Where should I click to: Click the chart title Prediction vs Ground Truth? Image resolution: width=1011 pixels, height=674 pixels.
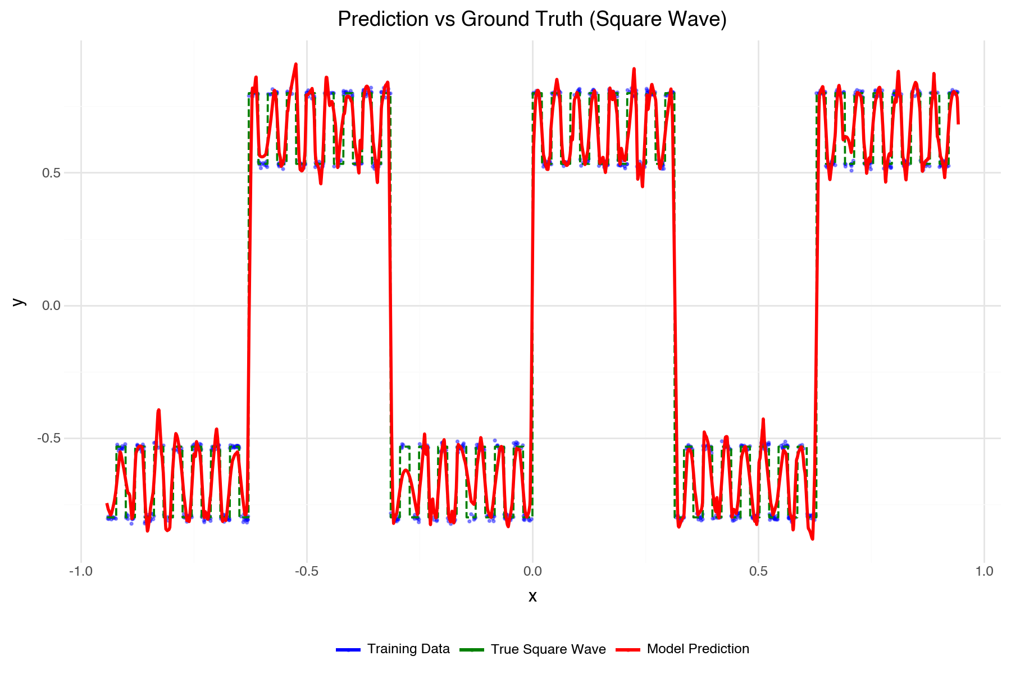point(532,19)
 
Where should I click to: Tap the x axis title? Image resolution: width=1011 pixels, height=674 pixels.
point(532,596)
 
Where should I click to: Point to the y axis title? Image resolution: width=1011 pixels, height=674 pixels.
point(19,302)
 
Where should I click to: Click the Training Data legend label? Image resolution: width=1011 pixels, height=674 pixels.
point(408,649)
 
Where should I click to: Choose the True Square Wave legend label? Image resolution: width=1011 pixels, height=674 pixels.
point(548,649)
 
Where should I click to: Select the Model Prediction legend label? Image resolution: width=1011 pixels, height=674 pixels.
point(698,649)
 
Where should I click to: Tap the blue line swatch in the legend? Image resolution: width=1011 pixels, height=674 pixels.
point(348,650)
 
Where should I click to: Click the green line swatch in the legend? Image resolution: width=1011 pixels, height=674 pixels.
point(472,650)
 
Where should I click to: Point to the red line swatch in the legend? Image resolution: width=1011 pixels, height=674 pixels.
point(628,650)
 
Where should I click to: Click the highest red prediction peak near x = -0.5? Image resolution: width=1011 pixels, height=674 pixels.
point(296,64)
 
